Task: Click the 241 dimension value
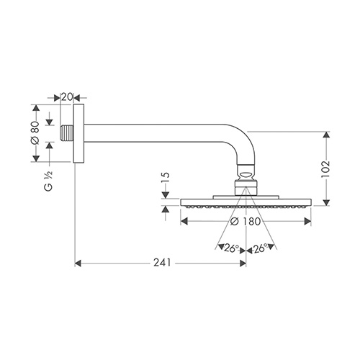click(162, 263)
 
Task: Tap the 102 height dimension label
click(325, 169)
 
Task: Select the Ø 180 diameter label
click(246, 221)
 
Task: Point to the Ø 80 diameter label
click(35, 133)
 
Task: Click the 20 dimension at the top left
click(67, 97)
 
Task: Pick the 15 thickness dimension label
click(166, 178)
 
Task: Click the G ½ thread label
click(48, 181)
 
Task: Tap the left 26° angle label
click(232, 248)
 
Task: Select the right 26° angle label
click(261, 248)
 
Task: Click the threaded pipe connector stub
click(66, 133)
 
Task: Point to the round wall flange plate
click(78, 133)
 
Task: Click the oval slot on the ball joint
click(246, 174)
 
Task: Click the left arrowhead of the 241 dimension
click(78, 264)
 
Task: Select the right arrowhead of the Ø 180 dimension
click(308, 221)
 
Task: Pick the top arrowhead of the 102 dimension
click(325, 135)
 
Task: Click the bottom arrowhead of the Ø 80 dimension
click(36, 158)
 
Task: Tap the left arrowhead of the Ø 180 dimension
click(184, 221)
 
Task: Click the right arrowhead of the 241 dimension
click(243, 264)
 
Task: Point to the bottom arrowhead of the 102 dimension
click(325, 202)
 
